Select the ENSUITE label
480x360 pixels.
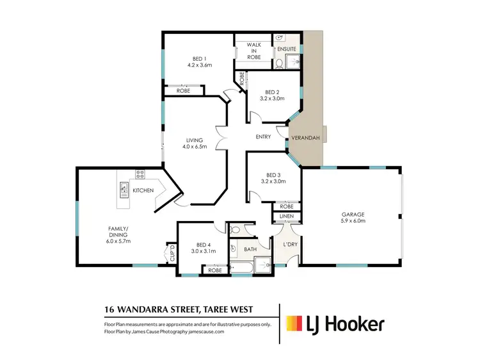tap(286, 49)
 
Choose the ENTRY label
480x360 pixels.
tap(263, 136)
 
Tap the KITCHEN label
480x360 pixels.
tap(142, 191)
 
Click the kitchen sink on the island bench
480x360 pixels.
tap(122, 190)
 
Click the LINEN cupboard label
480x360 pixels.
tap(286, 218)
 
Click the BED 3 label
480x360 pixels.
tap(273, 177)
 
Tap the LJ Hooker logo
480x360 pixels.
tap(335, 323)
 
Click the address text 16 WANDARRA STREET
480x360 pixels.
tap(151, 309)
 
